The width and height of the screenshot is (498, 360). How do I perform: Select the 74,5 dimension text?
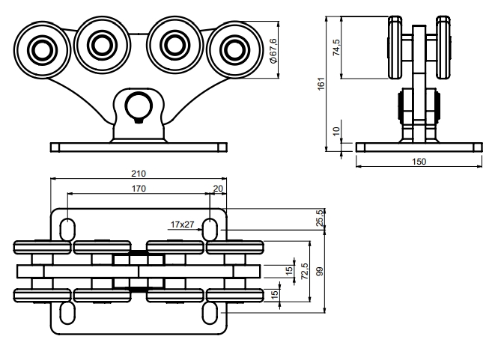(x=337, y=47)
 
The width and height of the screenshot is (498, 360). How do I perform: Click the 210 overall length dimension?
(x=139, y=174)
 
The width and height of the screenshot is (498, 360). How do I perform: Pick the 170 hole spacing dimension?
(x=139, y=189)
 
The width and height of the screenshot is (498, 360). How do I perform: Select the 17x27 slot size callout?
(x=181, y=224)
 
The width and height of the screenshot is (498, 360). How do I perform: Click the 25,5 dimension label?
(x=321, y=218)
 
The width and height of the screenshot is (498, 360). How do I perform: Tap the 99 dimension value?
(x=320, y=273)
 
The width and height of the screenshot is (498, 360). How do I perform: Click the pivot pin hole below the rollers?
(x=138, y=106)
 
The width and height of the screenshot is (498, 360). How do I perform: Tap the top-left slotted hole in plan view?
(x=67, y=228)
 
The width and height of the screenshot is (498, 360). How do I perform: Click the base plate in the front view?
(x=138, y=146)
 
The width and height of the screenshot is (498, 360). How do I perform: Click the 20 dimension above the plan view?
(x=218, y=189)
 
